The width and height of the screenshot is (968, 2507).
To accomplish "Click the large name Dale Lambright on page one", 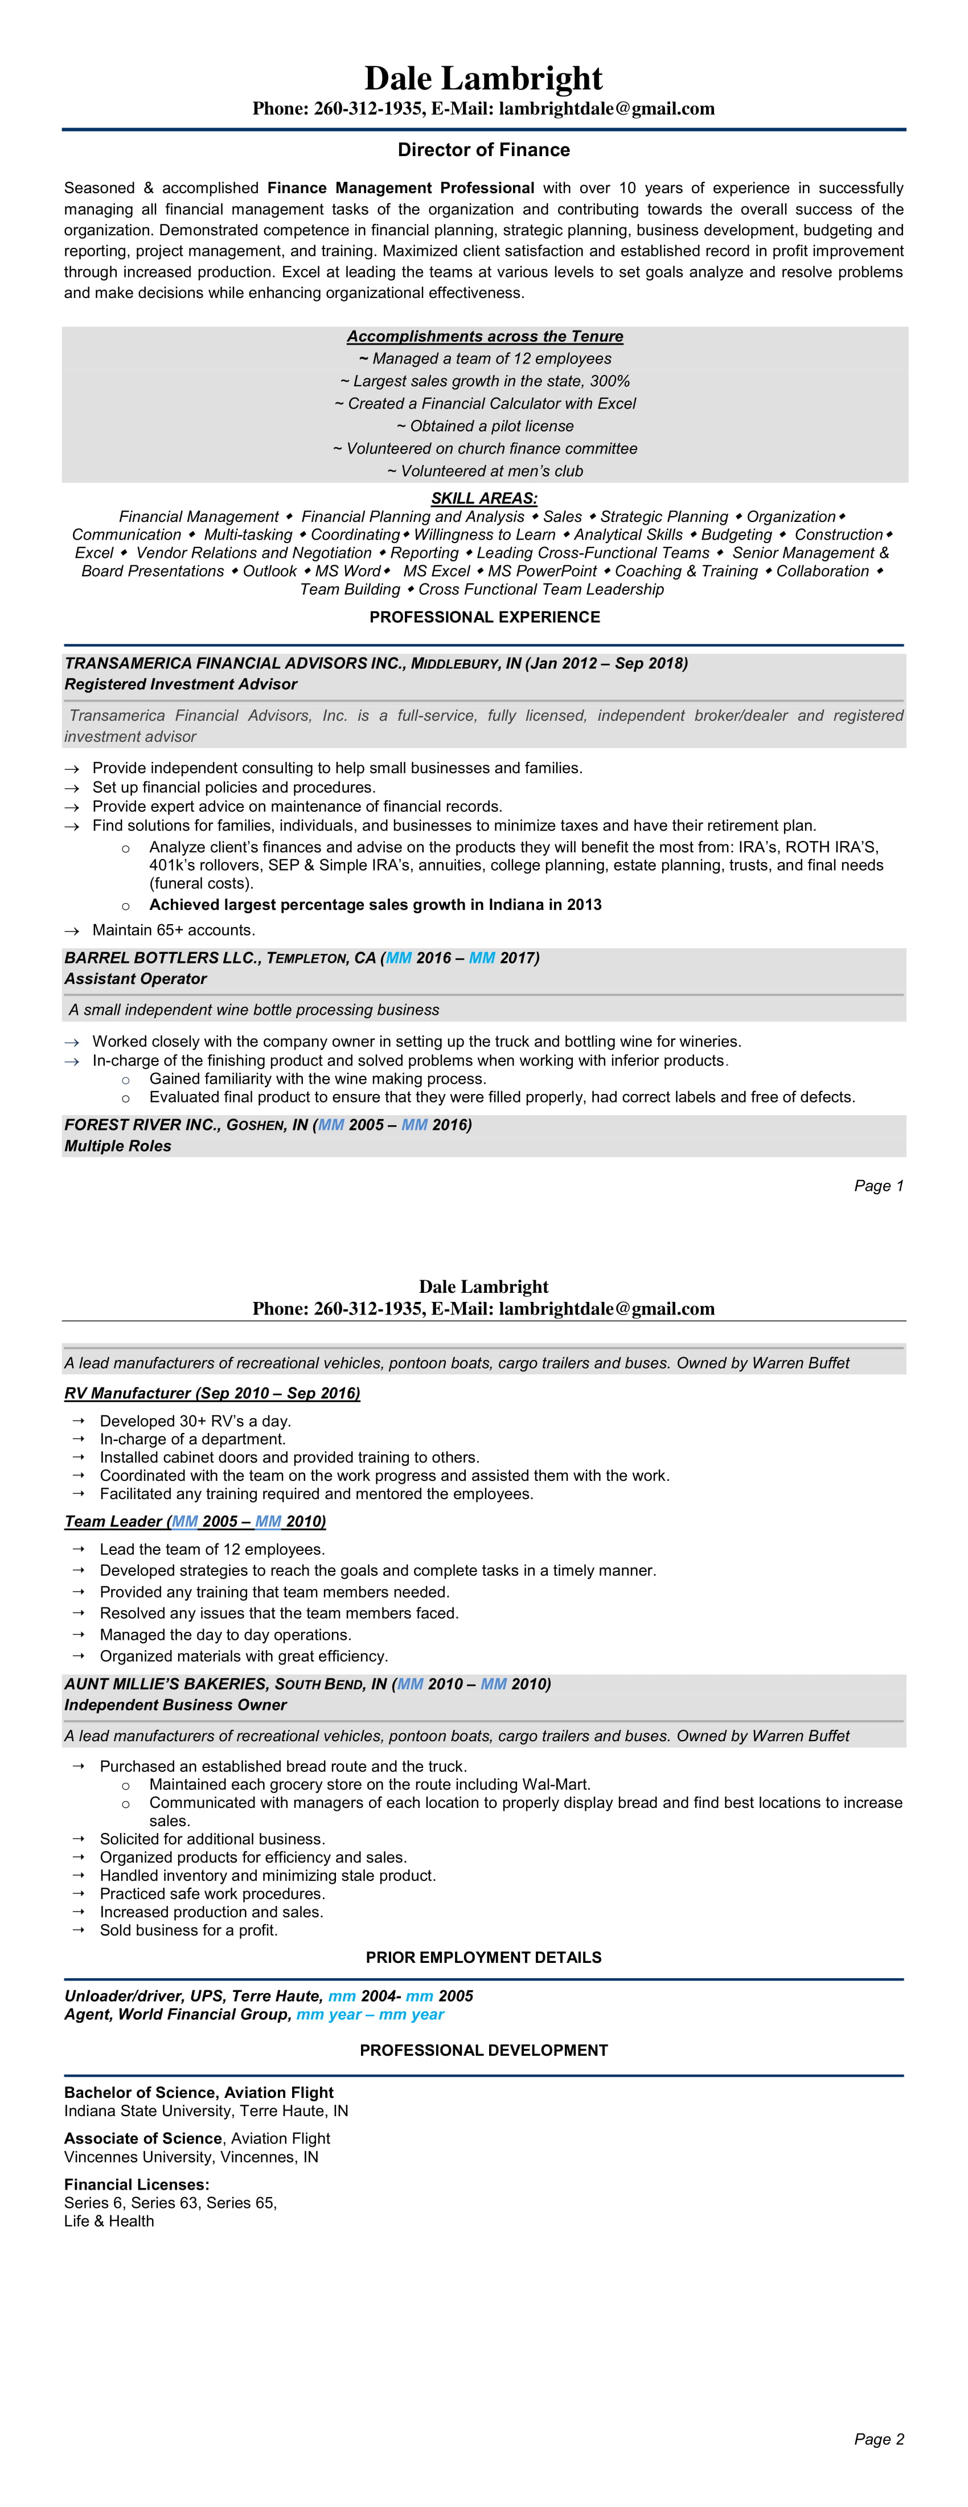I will (483, 78).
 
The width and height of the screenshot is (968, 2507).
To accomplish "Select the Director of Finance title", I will (483, 150).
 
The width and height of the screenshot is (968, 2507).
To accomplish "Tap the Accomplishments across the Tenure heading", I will (485, 336).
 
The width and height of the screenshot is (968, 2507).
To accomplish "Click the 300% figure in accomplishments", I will (610, 381).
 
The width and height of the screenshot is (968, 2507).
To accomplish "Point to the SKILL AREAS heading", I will (483, 499).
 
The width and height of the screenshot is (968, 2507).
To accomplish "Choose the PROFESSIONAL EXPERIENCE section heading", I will (485, 617).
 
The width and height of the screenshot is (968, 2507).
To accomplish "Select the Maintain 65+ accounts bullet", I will (173, 929).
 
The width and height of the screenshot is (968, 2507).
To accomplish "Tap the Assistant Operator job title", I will (135, 979).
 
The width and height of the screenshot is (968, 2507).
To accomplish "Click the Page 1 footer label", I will (879, 1185).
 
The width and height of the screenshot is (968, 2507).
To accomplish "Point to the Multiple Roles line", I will (118, 1145).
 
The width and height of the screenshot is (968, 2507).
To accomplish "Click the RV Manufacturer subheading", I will (212, 1393).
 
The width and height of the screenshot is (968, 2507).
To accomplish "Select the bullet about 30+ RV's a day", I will (195, 1421).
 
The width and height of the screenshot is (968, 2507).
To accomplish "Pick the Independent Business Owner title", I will (175, 1705).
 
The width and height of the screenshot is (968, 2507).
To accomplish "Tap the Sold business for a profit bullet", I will (188, 1930).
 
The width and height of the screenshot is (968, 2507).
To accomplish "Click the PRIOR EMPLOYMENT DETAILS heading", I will (483, 1957).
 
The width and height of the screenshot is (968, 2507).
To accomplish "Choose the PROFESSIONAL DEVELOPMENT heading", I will (483, 2049).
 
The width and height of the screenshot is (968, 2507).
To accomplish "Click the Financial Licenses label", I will (136, 2184).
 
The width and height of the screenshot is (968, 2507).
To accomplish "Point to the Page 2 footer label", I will (879, 2439).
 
